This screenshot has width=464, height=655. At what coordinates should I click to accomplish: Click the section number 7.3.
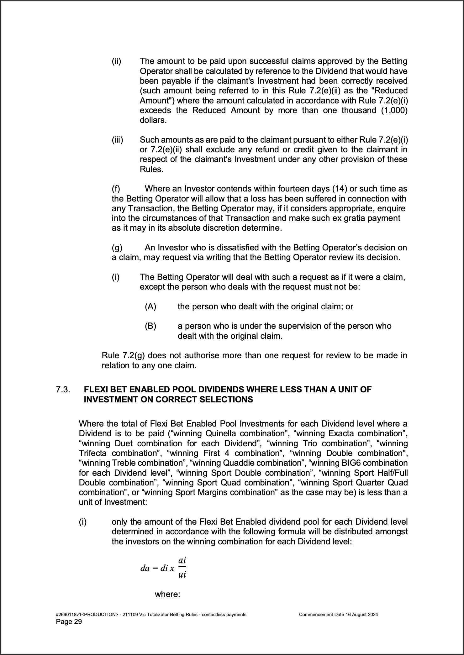pyautogui.click(x=63, y=390)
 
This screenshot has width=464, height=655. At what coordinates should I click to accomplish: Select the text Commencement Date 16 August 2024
pyautogui.click(x=338, y=614)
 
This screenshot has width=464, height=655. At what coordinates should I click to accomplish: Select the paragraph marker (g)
pyautogui.click(x=117, y=248)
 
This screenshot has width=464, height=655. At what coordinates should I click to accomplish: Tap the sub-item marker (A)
pyautogui.click(x=150, y=306)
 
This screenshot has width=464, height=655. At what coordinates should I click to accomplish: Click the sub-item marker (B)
pyautogui.click(x=150, y=326)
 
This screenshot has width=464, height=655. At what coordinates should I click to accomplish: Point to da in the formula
pyautogui.click(x=145, y=568)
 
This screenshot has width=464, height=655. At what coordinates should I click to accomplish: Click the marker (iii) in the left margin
pyautogui.click(x=118, y=140)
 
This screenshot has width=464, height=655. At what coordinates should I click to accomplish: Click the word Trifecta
pyautogui.click(x=93, y=453)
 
